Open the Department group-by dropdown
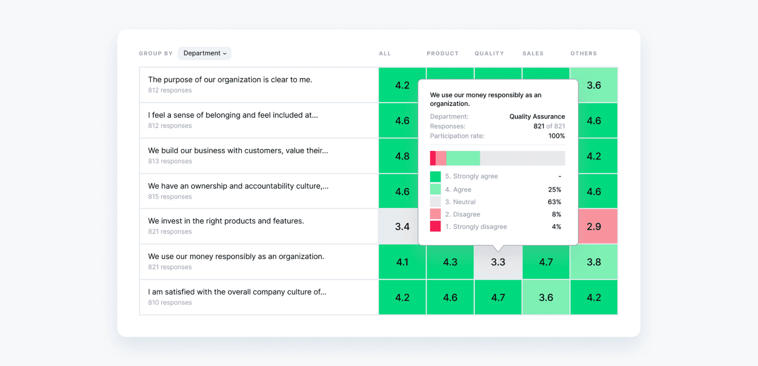coord(205,53)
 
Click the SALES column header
coord(533,53)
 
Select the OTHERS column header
coord(583,53)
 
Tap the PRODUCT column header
coord(442,53)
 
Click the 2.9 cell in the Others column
coord(594,227)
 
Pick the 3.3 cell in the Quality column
coord(498,262)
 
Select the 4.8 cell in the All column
coord(402,156)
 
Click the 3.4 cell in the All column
coord(402,227)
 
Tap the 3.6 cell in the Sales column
coord(546,297)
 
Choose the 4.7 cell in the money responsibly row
coord(546,262)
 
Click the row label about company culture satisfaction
coord(237,292)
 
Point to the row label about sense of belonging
coord(233,115)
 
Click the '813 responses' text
coord(170,161)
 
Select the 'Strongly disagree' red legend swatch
coord(435,227)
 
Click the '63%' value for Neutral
coord(554,202)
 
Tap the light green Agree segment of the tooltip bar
coord(463,158)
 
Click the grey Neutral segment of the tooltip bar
coord(522,158)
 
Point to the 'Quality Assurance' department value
coord(537,117)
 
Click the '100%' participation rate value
coord(556,136)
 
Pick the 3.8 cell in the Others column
coord(594,262)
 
